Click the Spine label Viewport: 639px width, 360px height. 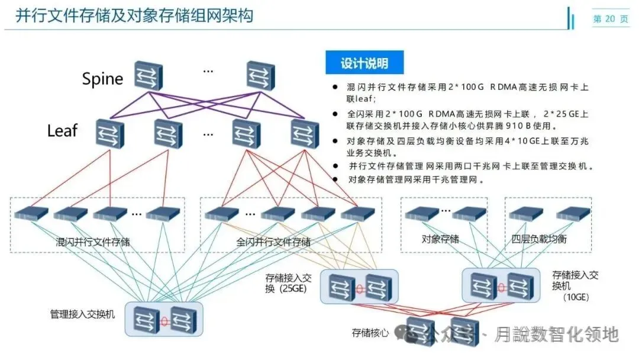pyautogui.click(x=102, y=79)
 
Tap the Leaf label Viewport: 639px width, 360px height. pyautogui.click(x=62, y=130)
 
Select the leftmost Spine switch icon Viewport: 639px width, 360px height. pyautogui.click(x=148, y=75)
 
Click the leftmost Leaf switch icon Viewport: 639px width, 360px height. pyautogui.click(x=109, y=133)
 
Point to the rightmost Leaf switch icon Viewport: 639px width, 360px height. pyautogui.click(x=305, y=133)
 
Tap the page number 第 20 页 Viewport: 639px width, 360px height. pyautogui.click(x=611, y=19)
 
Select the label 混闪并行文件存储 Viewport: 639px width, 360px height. pyautogui.click(x=93, y=242)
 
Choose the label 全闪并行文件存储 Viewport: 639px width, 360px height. pyautogui.click(x=273, y=242)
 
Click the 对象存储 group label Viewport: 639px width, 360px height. pyautogui.click(x=440, y=239)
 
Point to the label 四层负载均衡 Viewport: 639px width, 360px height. pyautogui.click(x=539, y=239)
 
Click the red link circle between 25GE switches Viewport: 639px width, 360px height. pyautogui.click(x=359, y=288)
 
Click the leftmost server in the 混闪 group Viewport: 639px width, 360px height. pyautogui.click(x=31, y=213)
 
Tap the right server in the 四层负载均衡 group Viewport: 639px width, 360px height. pyautogui.click(x=573, y=213)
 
